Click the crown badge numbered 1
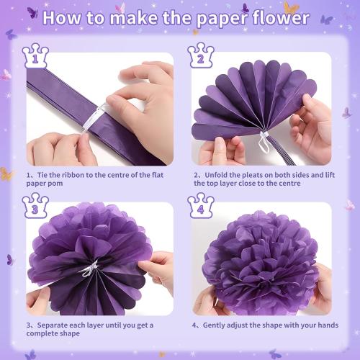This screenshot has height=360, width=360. [35, 55]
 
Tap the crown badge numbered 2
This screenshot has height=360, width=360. [201, 55]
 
